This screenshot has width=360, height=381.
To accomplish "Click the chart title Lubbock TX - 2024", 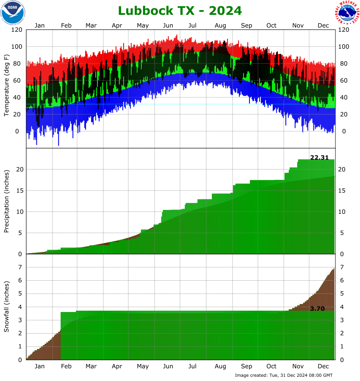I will click(180, 10).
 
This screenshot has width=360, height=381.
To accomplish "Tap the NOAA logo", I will click(13, 13).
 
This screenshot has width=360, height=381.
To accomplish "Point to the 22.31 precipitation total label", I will click(319, 157).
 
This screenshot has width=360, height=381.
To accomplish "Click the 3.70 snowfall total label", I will click(317, 309).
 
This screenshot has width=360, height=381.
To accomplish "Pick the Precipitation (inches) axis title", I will click(7, 201).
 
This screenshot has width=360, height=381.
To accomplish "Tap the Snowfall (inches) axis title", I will click(7, 307).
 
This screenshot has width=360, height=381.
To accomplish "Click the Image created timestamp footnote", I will click(284, 375).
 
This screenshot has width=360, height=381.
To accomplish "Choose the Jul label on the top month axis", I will click(193, 25).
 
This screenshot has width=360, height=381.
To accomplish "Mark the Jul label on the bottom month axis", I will click(193, 366).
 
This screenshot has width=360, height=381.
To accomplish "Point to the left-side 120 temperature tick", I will click(17, 30).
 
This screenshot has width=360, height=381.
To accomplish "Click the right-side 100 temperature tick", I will click(344, 47).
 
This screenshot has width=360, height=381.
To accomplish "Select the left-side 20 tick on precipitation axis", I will click(19, 169).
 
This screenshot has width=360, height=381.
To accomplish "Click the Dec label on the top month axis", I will click(324, 25).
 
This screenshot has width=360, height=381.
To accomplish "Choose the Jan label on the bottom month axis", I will click(39, 366).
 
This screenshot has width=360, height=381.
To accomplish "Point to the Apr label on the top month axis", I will click(117, 25).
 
